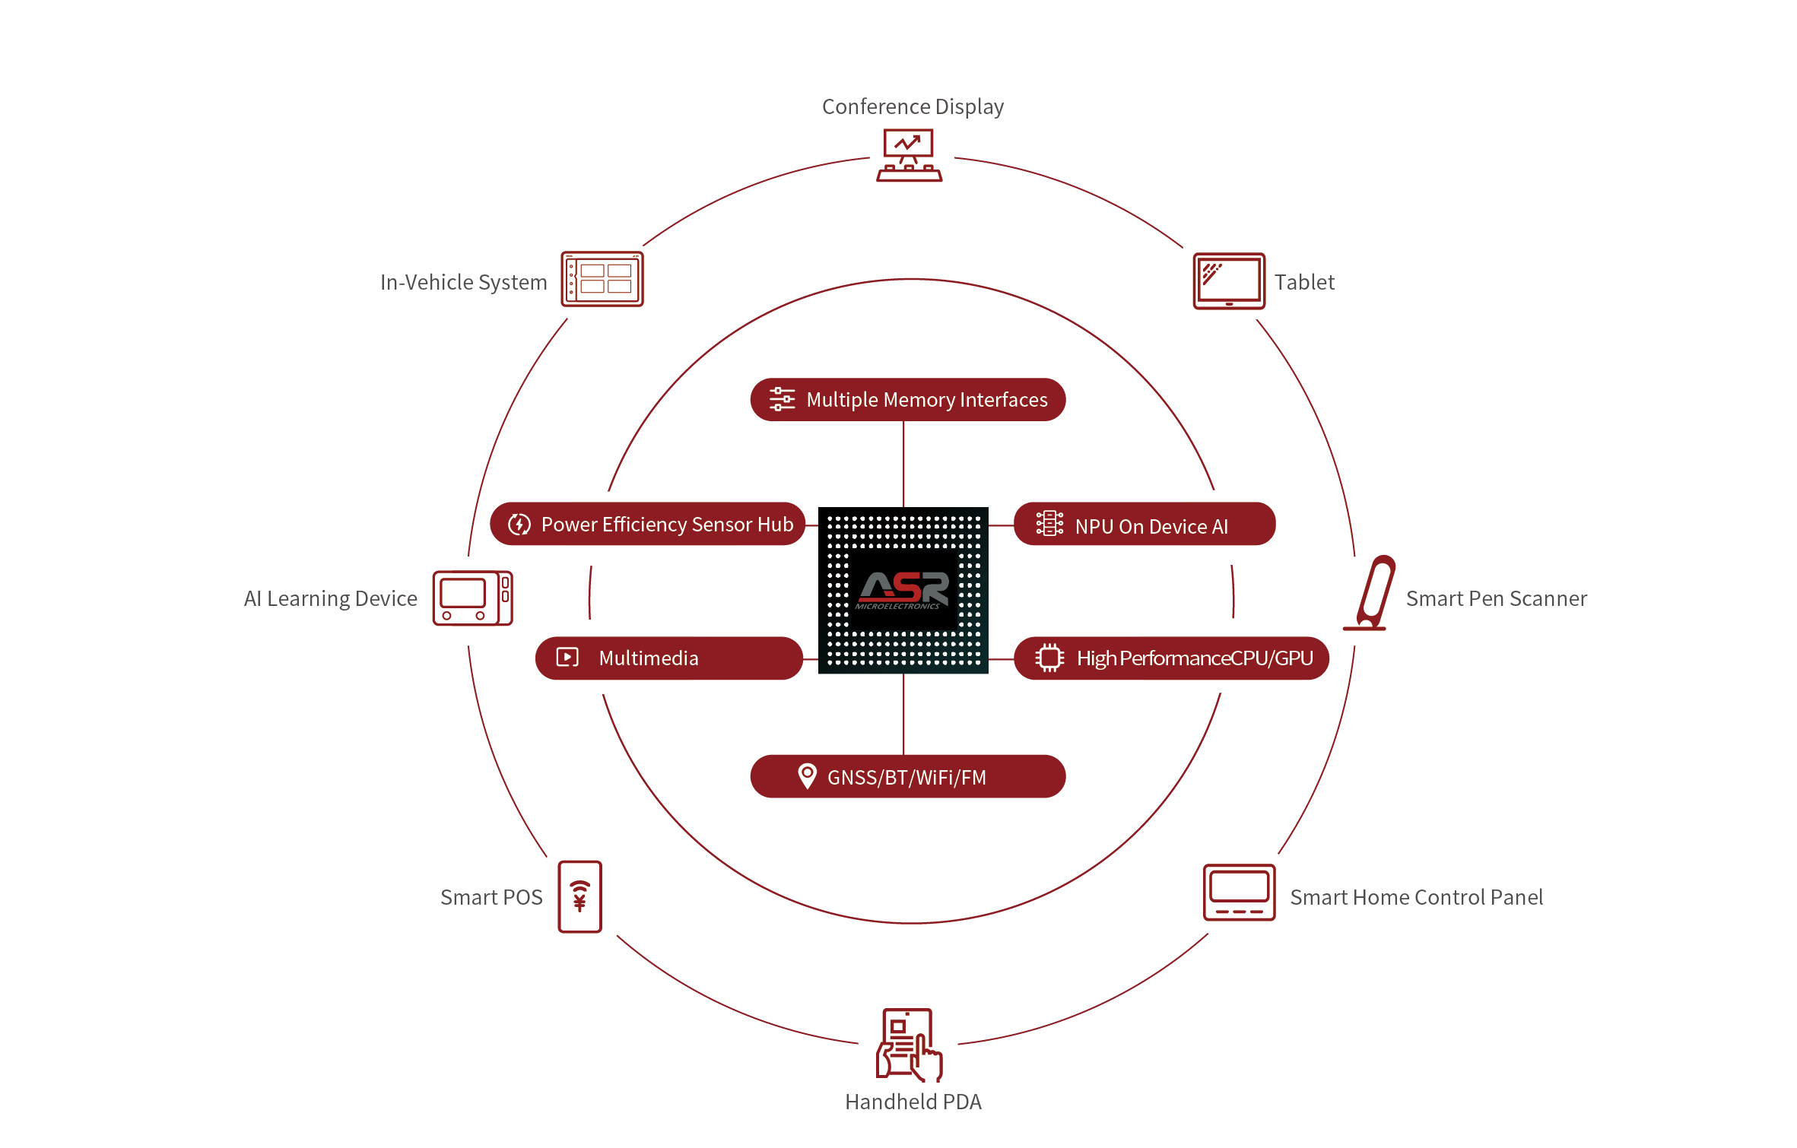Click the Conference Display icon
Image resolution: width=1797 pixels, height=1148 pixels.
click(909, 155)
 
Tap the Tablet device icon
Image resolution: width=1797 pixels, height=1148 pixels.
click(1228, 281)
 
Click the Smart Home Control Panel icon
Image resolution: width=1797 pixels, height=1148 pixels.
click(1238, 892)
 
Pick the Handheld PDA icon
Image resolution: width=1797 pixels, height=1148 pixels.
click(909, 1045)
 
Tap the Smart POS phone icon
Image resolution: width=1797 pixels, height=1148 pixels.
click(579, 896)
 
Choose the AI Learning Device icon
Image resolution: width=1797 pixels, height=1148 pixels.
click(472, 598)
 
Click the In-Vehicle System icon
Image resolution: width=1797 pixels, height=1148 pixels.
click(602, 279)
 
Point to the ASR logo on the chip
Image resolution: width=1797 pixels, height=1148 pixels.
click(903, 590)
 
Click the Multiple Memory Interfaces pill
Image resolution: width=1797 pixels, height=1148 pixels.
click(907, 399)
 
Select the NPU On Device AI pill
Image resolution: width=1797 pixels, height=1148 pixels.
click(1144, 524)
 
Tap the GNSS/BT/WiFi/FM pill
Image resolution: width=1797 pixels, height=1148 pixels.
click(907, 776)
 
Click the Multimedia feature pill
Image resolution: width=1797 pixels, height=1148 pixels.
click(668, 658)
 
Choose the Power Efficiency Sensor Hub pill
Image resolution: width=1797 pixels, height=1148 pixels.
click(647, 524)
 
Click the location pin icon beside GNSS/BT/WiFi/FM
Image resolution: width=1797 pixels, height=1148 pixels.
click(807, 775)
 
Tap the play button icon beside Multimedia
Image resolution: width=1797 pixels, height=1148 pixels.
click(567, 657)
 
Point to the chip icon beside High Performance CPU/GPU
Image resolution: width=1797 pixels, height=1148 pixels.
click(1049, 658)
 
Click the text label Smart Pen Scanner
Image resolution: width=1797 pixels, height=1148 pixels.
click(1496, 598)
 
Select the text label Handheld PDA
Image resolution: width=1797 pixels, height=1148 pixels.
click(913, 1102)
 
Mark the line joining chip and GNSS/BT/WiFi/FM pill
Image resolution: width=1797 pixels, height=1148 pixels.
click(903, 714)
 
